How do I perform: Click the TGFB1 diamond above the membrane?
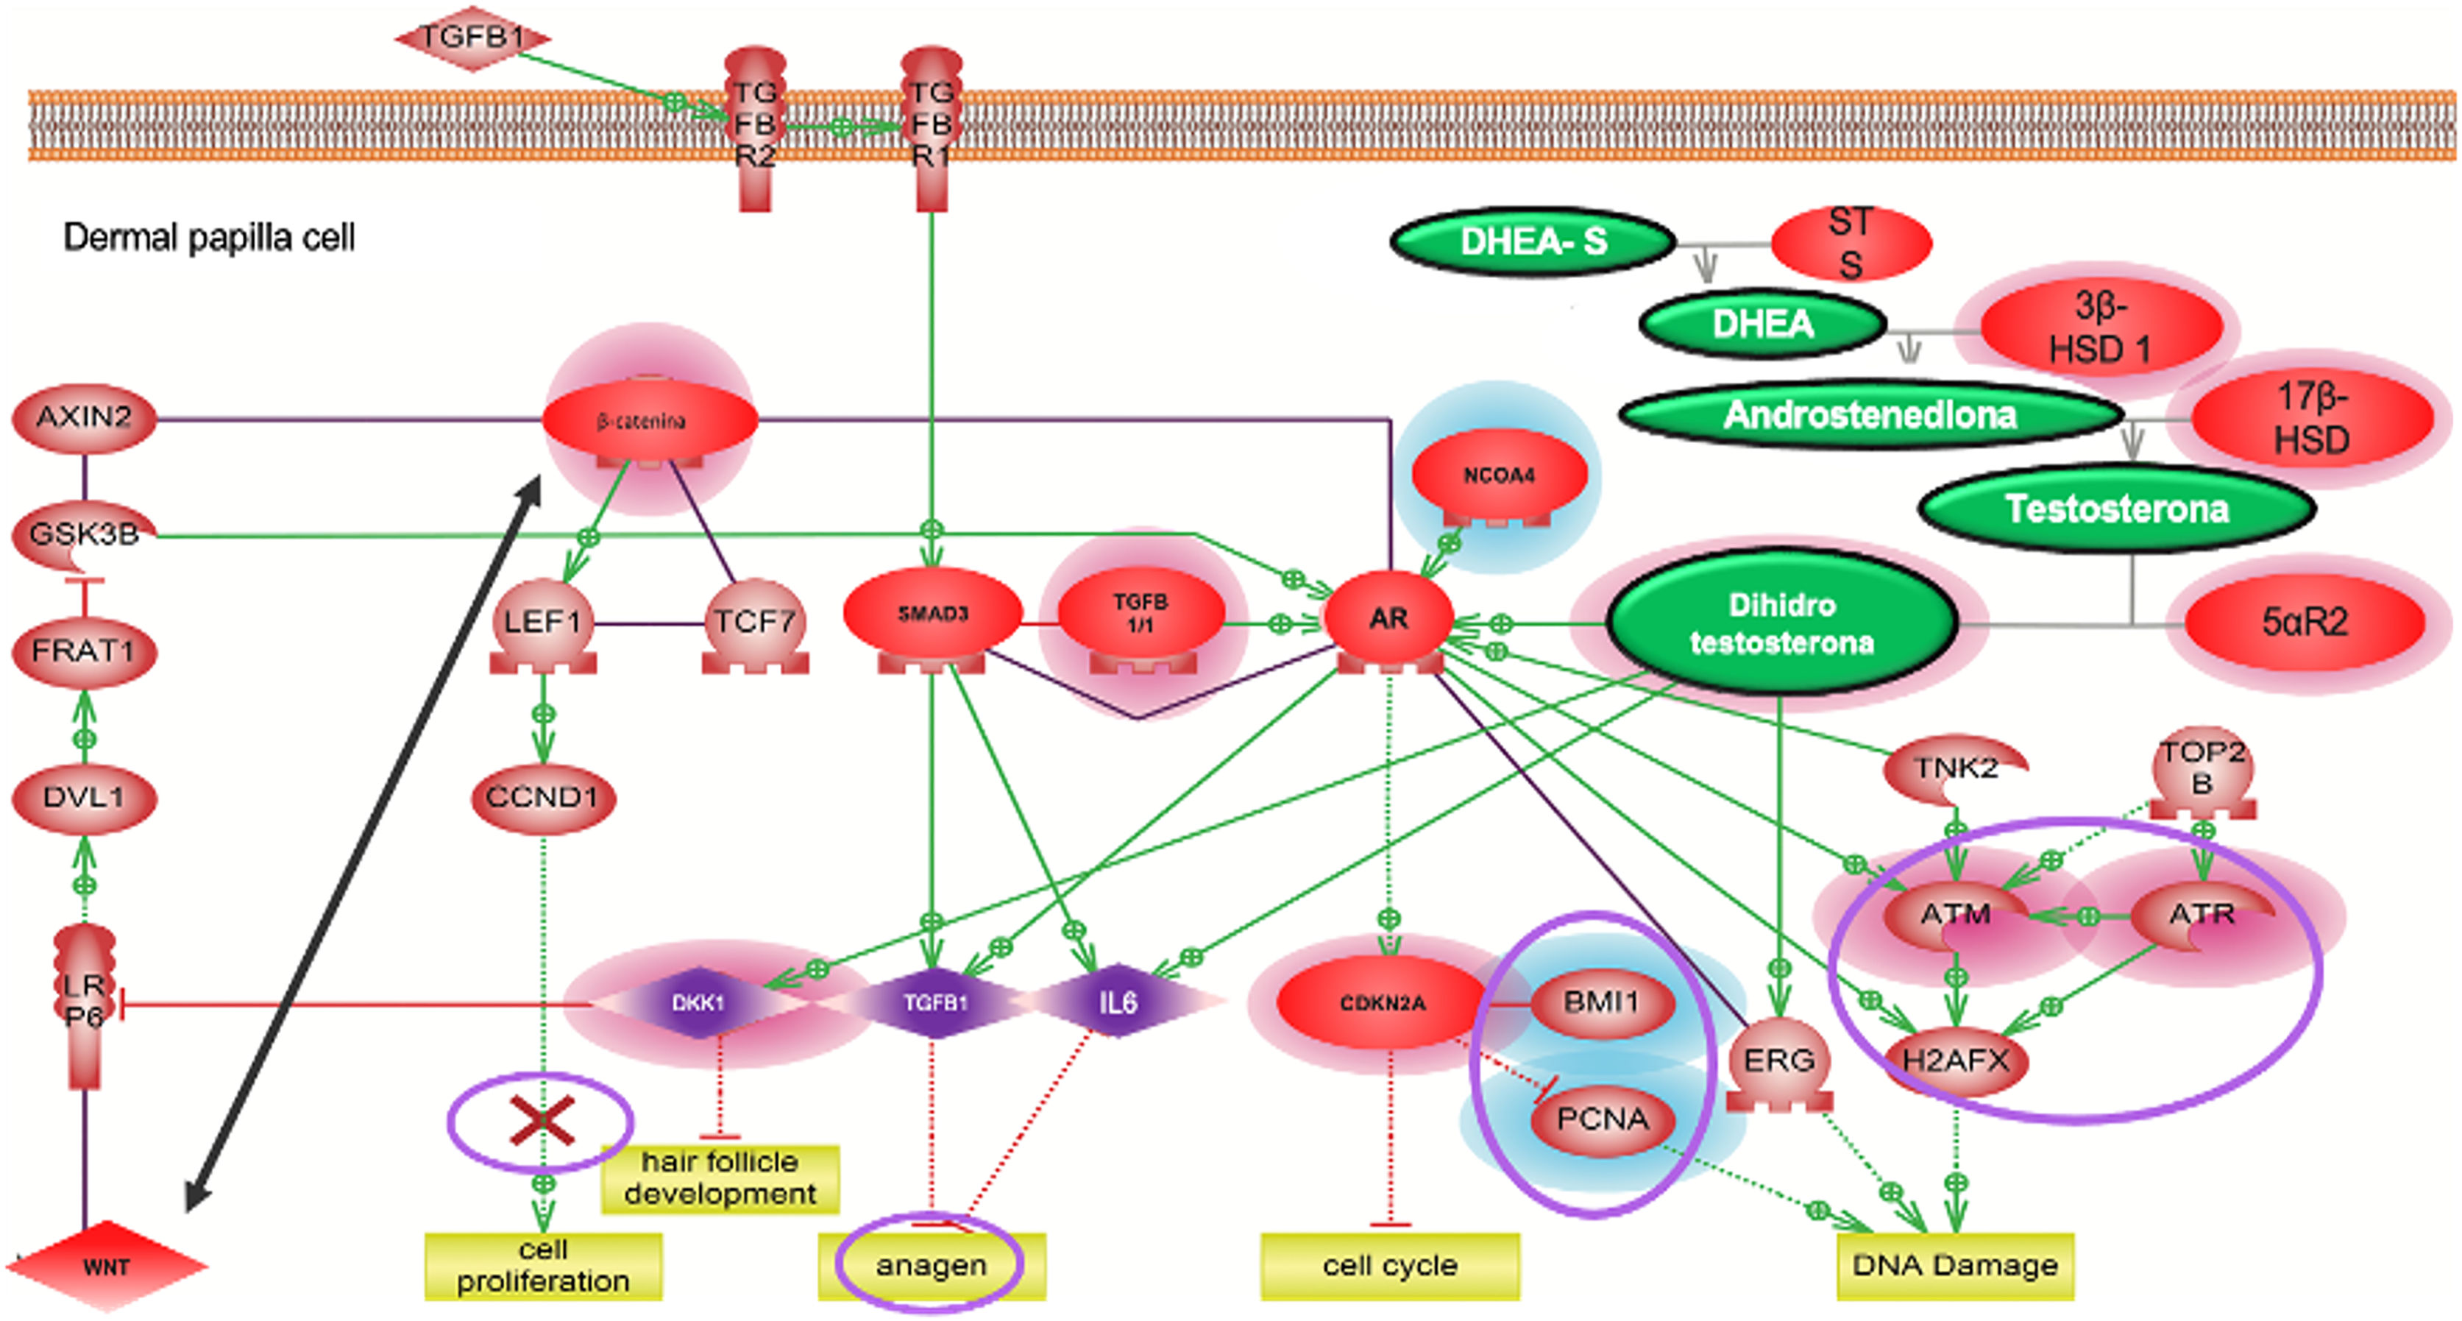pos(472,38)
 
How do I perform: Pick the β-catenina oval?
pos(649,420)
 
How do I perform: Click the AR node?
pos(1388,618)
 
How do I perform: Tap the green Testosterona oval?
pos(2116,509)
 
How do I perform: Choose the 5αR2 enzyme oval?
pos(2303,623)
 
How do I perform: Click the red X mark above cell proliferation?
pos(542,1122)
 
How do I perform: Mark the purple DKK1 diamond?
pos(699,1002)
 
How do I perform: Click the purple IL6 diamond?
pos(1117,1002)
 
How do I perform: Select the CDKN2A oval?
pos(1382,1002)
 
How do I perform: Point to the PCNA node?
pos(1603,1119)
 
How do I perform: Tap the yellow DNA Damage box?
pos(1954,1266)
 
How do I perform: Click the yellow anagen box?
pos(931,1266)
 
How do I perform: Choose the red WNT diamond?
pos(106,1267)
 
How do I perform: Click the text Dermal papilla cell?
pos(208,238)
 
